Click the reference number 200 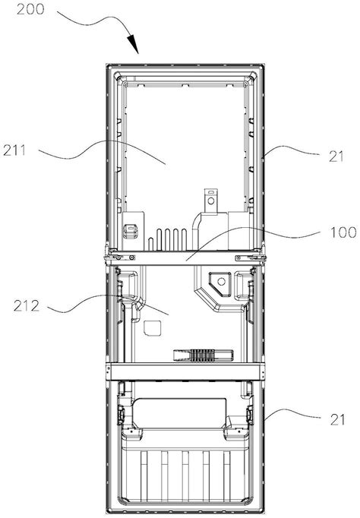(x=30, y=9)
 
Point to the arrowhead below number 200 (x=134, y=44)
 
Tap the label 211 (x=14, y=150)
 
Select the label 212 (x=27, y=306)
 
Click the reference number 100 (x=343, y=232)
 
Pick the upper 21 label (x=336, y=156)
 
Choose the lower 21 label (x=337, y=419)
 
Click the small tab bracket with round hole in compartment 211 (x=210, y=201)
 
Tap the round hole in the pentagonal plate (x=221, y=282)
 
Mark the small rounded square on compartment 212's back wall (x=153, y=328)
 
